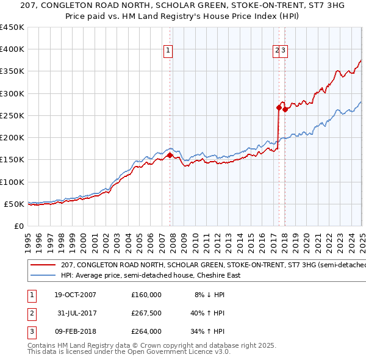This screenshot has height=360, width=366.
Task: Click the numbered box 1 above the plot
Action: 168,51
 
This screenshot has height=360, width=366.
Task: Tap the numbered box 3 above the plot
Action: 284,51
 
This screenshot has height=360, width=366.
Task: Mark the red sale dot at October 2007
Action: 170,155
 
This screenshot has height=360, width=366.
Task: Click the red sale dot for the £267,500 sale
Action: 279,108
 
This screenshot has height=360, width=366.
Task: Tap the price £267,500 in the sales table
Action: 146,313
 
